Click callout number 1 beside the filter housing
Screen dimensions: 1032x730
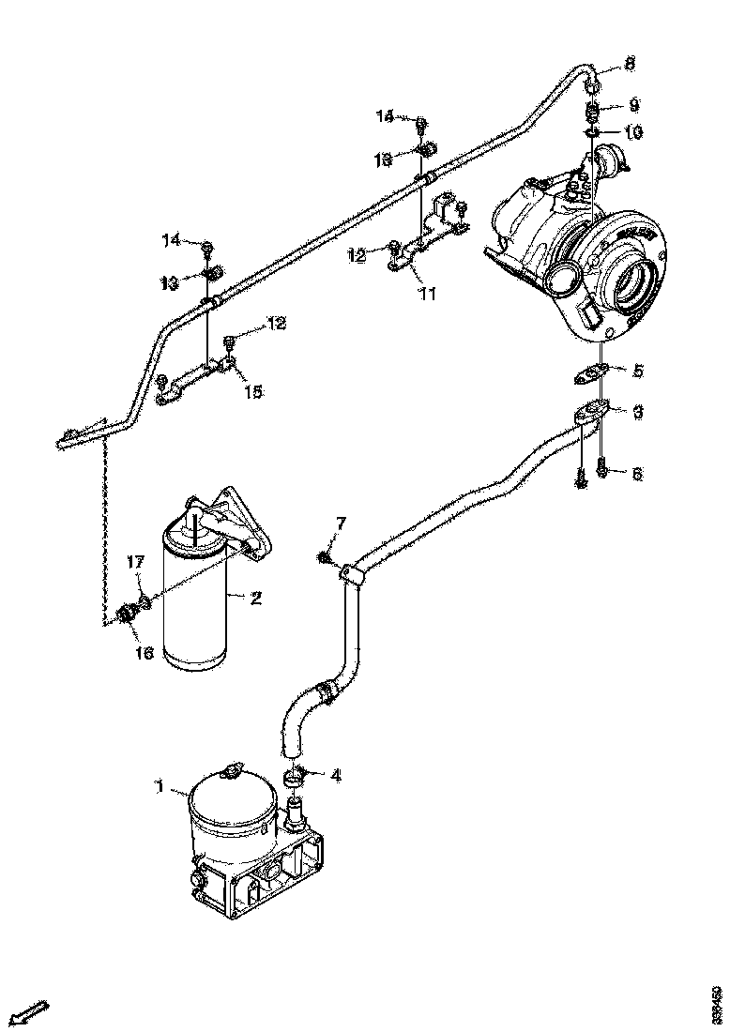[x=160, y=789]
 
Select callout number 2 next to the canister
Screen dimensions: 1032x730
[x=254, y=597]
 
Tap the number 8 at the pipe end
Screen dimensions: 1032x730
[x=630, y=64]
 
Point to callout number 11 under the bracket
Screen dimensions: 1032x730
[x=427, y=295]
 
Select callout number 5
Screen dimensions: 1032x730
[x=637, y=371]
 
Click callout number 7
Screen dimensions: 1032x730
[x=341, y=522]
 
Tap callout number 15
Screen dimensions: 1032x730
[x=253, y=389]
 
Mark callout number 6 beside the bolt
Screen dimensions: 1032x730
[x=637, y=475]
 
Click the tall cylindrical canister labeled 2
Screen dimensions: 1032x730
[x=195, y=610]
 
